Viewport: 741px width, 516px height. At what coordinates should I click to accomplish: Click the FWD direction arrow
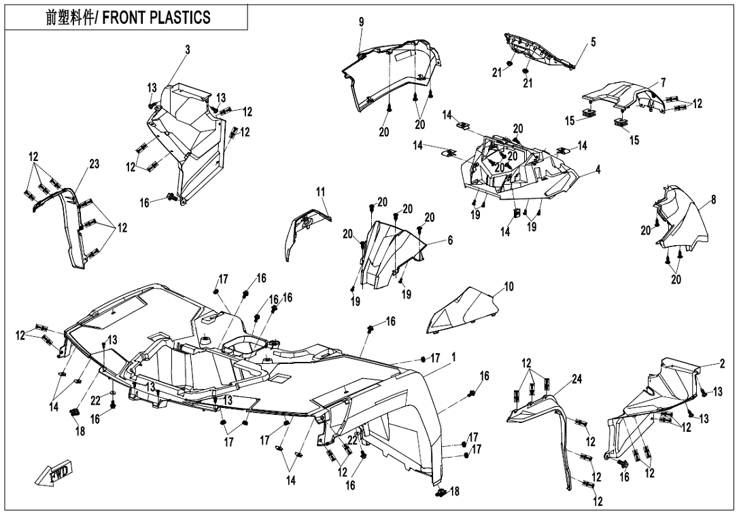pos(54,475)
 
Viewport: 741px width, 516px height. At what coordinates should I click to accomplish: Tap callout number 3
pos(188,49)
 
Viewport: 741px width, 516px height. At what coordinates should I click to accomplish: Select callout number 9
pos(362,22)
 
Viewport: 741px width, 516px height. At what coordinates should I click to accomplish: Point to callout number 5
pos(593,42)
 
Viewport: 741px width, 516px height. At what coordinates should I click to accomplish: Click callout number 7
pos(663,82)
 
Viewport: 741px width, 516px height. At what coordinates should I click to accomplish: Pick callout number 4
pos(598,170)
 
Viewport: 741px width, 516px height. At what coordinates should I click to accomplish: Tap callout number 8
pos(713,200)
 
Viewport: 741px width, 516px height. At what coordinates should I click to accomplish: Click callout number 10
pos(509,287)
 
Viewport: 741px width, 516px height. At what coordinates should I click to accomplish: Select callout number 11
pos(320,192)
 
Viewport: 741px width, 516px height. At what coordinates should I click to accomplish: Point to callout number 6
pos(449,240)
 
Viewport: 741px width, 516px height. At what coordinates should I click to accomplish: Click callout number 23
pos(94,164)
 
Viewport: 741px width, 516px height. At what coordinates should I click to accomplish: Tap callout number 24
pos(576,379)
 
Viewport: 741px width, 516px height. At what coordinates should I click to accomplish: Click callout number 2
pos(722,363)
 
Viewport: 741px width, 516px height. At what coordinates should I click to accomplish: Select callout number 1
pos(453,356)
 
